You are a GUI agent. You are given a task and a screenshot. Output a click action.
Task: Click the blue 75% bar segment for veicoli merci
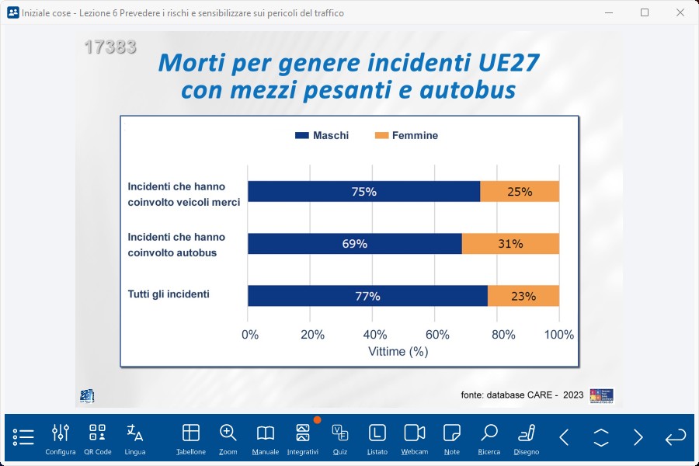click(363, 191)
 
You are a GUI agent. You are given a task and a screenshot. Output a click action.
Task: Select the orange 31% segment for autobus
click(510, 243)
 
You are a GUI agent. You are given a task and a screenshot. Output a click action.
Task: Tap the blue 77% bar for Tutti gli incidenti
click(367, 296)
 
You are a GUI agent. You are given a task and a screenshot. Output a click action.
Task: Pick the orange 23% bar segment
click(523, 296)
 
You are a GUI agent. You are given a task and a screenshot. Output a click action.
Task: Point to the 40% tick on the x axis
click(374, 335)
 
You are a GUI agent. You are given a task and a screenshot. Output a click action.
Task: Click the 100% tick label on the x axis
click(558, 335)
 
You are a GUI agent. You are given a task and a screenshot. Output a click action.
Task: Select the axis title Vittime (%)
click(398, 351)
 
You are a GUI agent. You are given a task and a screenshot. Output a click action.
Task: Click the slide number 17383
click(110, 47)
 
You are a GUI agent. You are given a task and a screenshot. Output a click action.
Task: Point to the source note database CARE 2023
click(522, 395)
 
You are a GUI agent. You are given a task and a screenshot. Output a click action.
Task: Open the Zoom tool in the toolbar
click(228, 438)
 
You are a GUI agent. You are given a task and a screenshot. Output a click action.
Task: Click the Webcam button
click(415, 438)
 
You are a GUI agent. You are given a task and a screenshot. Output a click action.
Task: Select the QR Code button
click(97, 438)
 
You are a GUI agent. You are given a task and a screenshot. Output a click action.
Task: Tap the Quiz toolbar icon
click(339, 438)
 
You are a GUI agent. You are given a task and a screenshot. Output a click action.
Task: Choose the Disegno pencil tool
click(526, 438)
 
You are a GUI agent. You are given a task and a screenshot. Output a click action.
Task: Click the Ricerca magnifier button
click(489, 438)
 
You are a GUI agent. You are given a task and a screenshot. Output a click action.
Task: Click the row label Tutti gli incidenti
click(169, 294)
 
